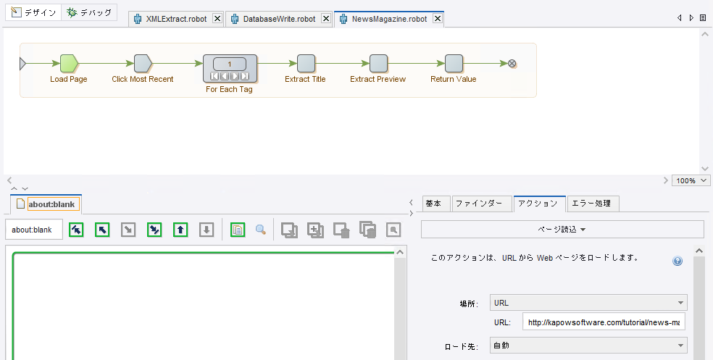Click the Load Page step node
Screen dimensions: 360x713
[68, 64]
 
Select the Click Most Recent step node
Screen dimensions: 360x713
[142, 64]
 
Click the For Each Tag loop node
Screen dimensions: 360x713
[230, 67]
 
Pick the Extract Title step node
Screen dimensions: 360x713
[306, 64]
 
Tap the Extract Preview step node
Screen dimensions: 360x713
[378, 64]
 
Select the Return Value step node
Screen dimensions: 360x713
[454, 64]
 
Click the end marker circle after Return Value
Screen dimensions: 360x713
[512, 64]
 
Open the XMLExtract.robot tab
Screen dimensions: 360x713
[175, 20]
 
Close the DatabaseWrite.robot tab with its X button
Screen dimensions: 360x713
[325, 20]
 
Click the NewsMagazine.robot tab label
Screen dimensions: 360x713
[388, 20]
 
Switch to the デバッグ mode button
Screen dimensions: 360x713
[89, 13]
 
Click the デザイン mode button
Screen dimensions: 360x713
[34, 13]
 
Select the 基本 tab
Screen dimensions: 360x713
[436, 204]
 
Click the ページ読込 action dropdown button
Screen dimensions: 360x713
[562, 230]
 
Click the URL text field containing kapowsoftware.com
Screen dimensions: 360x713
[604, 322]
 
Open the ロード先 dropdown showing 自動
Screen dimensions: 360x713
[588, 346]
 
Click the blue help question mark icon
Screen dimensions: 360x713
[677, 261]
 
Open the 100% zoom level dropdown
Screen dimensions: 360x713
[691, 180]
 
